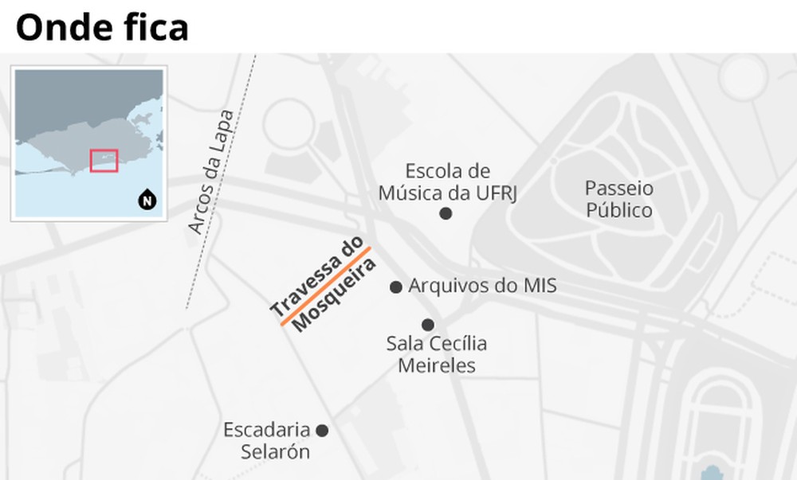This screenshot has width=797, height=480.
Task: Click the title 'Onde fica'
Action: point(102,27)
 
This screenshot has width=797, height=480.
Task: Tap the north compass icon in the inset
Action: point(147,200)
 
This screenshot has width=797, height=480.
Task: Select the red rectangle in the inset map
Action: point(104,160)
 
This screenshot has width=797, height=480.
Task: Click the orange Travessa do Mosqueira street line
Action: point(325,287)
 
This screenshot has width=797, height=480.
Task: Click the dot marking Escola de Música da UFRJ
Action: point(446,213)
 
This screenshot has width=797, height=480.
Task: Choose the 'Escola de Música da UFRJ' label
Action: point(446,182)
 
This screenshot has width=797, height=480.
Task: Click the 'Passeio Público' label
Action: point(618,199)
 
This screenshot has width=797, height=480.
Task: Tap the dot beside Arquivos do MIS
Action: point(395,287)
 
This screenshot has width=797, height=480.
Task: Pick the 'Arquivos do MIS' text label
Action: point(482,286)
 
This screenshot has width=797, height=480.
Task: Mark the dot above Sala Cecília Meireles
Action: point(428,325)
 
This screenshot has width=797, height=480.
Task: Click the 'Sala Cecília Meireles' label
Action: point(436,355)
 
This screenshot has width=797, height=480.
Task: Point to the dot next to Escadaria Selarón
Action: point(322,431)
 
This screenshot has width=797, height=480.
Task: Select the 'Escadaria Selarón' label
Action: point(266,440)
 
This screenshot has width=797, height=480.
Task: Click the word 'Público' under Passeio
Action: point(618,210)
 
